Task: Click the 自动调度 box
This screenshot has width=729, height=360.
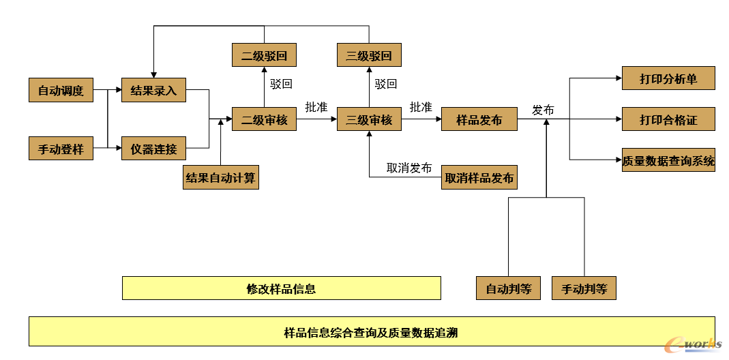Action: coord(61,90)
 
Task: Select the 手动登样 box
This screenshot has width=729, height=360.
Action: coord(61,148)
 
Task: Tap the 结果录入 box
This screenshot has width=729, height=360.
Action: coord(153,90)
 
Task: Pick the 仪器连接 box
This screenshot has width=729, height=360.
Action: coord(153,148)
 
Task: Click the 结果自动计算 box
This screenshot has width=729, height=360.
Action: coord(221,177)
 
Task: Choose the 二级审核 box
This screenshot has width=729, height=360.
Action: coord(264,119)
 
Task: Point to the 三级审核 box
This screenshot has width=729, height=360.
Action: coord(369,119)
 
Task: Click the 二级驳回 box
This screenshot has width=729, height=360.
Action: coord(264,55)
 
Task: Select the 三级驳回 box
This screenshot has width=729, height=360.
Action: coord(369,55)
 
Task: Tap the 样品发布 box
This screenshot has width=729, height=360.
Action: coord(479,119)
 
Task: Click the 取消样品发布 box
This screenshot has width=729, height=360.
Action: coord(479,177)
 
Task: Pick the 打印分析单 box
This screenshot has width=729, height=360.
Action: coord(668,78)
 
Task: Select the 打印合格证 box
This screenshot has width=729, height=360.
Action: coord(668,119)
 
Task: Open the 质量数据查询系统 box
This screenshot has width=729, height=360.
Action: coord(668,160)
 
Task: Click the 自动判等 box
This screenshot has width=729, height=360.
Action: coord(508,288)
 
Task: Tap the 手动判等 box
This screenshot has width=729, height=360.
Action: coord(584,288)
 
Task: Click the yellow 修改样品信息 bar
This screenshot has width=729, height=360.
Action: coord(281,288)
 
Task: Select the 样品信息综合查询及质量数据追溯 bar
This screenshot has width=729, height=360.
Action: coord(372,332)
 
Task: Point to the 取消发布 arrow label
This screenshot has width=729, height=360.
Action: coord(409,168)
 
